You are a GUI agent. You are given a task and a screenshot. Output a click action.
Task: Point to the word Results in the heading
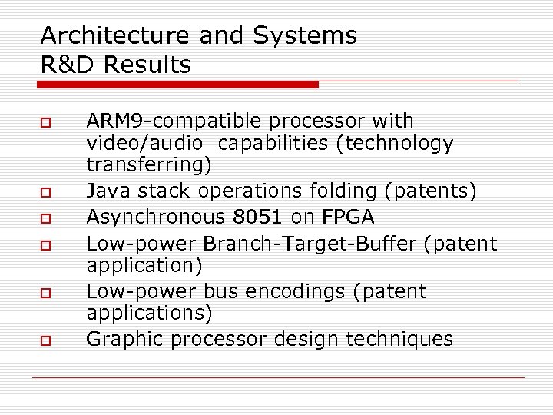[147, 65]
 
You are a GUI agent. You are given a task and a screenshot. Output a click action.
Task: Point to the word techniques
[402, 339]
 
